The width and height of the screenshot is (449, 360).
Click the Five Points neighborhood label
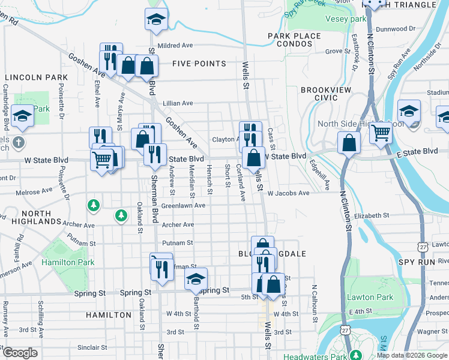pos(199,64)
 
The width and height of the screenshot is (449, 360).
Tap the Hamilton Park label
pos(68,262)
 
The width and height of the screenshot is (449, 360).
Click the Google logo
pos(20,353)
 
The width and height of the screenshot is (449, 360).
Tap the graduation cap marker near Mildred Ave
pos(156,20)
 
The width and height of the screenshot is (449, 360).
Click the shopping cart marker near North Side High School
pos(381,133)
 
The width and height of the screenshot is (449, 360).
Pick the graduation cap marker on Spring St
pos(196,279)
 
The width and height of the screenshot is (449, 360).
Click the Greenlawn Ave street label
pos(184,205)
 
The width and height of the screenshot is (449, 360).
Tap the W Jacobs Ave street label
pos(289,193)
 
